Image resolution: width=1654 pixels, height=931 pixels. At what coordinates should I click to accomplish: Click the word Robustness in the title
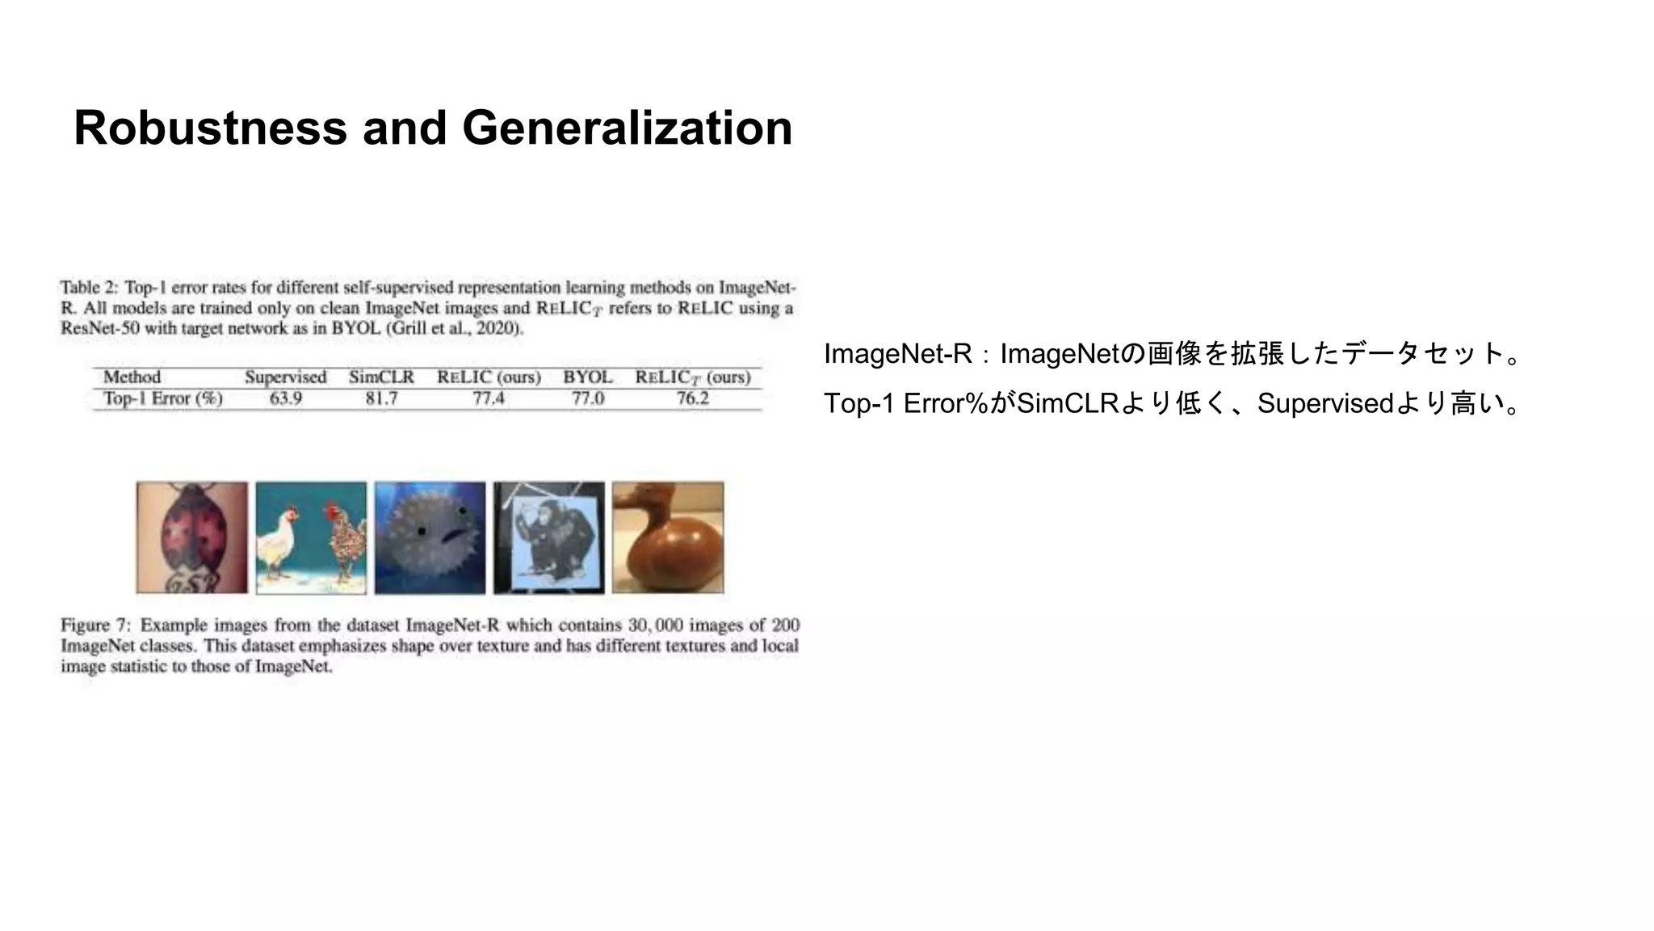tap(210, 128)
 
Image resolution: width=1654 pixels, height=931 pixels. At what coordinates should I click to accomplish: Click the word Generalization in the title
tap(627, 128)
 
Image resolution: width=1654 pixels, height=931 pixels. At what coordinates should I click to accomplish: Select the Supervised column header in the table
tap(286, 377)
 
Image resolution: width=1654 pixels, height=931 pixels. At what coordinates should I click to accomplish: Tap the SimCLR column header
tap(381, 377)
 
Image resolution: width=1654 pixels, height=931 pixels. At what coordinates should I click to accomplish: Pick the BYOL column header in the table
tap(587, 377)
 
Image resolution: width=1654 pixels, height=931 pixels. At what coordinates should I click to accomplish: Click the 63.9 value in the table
tap(286, 398)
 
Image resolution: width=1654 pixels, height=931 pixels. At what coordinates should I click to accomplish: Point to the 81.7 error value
tap(381, 398)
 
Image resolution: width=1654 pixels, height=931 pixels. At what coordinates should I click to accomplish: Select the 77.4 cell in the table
tap(489, 398)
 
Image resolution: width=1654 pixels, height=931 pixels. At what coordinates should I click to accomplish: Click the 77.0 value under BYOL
tap(587, 398)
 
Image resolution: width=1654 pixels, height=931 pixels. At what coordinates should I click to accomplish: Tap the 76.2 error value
tap(692, 398)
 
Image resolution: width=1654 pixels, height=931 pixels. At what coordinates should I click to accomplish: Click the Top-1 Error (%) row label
tap(162, 398)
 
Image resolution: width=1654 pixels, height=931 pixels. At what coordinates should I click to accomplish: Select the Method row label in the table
tap(132, 377)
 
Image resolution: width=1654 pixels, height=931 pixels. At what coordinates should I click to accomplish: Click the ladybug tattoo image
tap(192, 537)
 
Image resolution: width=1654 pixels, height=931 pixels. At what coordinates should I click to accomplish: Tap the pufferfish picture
tap(430, 537)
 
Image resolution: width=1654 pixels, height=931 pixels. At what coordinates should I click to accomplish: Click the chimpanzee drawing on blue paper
tap(549, 537)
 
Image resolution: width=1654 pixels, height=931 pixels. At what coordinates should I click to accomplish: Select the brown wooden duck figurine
tap(668, 537)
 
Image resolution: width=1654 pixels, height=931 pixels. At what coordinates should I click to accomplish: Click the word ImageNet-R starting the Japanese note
tap(897, 354)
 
